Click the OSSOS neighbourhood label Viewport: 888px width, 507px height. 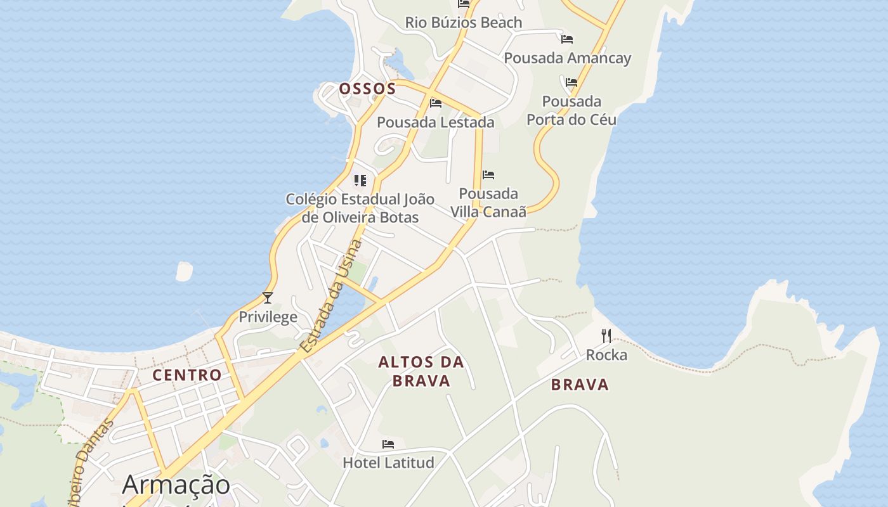pos(367,89)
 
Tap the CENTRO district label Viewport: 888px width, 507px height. pos(187,375)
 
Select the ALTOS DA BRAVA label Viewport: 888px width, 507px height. pos(421,371)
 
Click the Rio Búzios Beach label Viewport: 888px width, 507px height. pos(464,23)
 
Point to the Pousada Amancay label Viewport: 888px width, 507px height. pos(567,58)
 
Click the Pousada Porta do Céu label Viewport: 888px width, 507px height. pos(571,110)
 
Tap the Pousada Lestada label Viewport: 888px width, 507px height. pos(435,122)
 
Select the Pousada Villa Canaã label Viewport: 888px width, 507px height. pos(488,203)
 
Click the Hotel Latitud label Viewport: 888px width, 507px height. pos(388,463)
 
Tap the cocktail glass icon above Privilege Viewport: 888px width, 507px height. pos(268,297)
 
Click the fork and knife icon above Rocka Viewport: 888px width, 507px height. pos(606,335)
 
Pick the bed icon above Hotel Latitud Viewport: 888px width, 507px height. pos(388,444)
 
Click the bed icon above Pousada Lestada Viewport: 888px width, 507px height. pos(435,103)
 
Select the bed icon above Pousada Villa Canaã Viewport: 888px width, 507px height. pos(488,174)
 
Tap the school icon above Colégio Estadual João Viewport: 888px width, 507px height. pos(360,181)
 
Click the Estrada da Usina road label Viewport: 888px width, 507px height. pos(332,295)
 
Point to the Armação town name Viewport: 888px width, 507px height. pos(176,485)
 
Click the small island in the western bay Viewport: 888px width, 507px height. pos(184,271)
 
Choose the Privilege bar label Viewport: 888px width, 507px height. pos(268,317)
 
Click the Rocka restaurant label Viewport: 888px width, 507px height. pos(606,355)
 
